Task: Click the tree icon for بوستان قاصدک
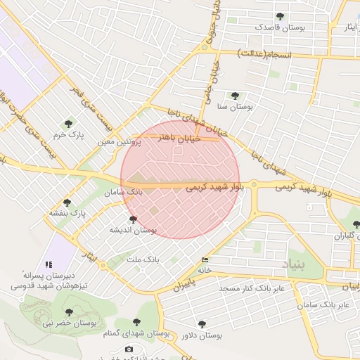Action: (281, 16)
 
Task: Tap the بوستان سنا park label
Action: (235, 107)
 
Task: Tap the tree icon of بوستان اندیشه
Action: (133, 220)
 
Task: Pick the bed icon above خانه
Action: (204, 259)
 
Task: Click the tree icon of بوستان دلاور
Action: (202, 325)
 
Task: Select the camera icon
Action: (129, 349)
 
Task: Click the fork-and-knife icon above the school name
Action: (48, 264)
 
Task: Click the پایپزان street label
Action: (182, 285)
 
